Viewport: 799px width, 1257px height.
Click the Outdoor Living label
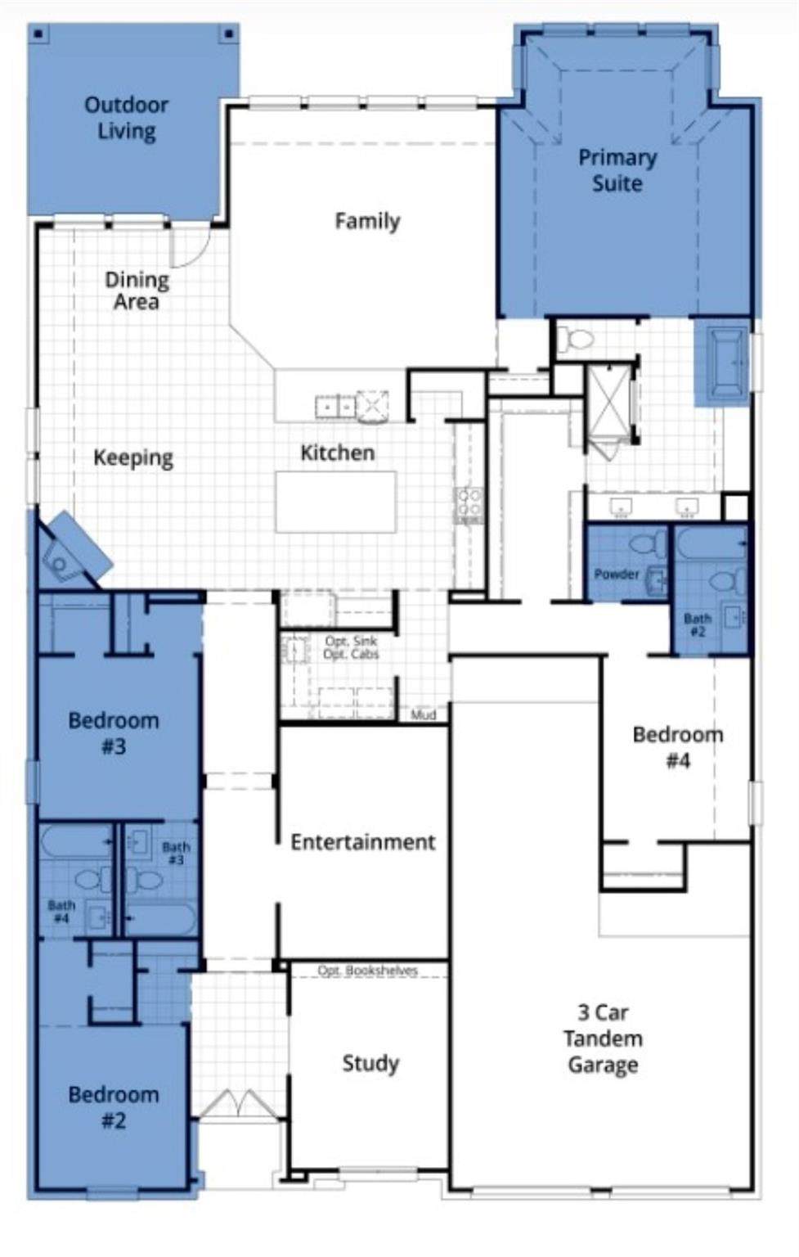(x=126, y=119)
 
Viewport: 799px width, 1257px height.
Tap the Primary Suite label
(x=617, y=170)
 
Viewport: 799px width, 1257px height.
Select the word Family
(x=367, y=220)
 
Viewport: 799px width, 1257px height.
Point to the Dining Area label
(x=137, y=291)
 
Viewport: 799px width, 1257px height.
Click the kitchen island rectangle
(x=336, y=502)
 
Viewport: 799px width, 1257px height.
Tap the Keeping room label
(x=133, y=458)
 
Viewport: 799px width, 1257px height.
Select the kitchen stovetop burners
(x=469, y=503)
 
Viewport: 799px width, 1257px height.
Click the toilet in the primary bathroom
(x=576, y=339)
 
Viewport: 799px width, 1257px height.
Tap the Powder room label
(x=616, y=574)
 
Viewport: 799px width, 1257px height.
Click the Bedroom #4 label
(x=678, y=747)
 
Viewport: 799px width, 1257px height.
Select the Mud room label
(x=424, y=715)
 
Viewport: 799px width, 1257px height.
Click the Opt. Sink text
(x=351, y=641)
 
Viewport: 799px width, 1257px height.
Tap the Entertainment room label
(x=363, y=842)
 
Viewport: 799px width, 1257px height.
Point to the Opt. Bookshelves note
(x=368, y=971)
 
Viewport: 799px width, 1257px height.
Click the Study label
(x=370, y=1063)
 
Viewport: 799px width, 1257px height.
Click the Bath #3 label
(x=176, y=854)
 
